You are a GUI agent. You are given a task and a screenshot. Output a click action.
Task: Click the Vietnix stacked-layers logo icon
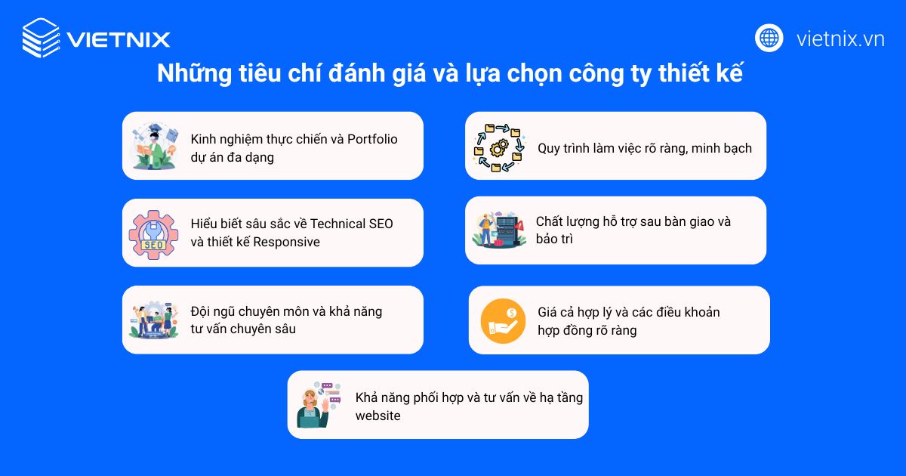coord(41,38)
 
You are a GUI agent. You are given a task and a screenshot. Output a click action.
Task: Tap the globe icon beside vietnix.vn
coord(769,38)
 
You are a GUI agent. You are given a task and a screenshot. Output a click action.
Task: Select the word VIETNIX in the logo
coord(118,39)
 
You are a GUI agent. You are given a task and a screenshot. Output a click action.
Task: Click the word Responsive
coord(286,242)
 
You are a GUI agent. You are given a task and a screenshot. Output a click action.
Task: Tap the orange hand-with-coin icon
coord(503,320)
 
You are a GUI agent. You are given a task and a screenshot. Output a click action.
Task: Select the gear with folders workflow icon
coord(498,147)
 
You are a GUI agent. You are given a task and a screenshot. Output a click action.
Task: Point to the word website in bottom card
coord(378,415)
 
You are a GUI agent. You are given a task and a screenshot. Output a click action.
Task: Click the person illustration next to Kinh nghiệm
coord(153,146)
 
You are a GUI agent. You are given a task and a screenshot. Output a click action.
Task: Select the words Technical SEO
coord(352,224)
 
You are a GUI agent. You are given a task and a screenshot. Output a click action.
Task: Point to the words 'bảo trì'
coord(555,239)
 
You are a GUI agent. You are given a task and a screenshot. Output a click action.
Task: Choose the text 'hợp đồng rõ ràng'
coord(587,330)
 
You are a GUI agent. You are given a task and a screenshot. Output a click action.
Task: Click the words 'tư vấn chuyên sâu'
coord(243,329)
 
